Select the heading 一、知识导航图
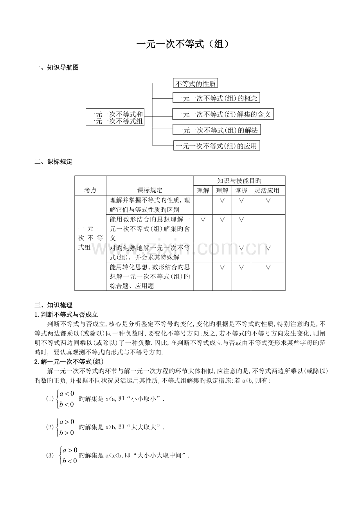tap(57, 68)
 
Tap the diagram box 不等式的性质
tap(195, 83)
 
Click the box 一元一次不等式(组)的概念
tap(216, 98)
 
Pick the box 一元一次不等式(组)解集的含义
tap(223, 114)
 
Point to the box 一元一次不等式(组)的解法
tap(217, 130)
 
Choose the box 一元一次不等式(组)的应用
tap(217, 146)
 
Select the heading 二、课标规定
tap(54, 162)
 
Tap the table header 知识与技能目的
tap(239, 181)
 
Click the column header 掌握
tap(241, 190)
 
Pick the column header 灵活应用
tap(268, 190)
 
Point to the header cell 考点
tap(90, 190)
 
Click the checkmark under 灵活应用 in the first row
tap(268, 200)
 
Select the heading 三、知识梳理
tap(54, 305)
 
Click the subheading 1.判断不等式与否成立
tap(66, 314)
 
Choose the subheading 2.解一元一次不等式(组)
tap(69, 361)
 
